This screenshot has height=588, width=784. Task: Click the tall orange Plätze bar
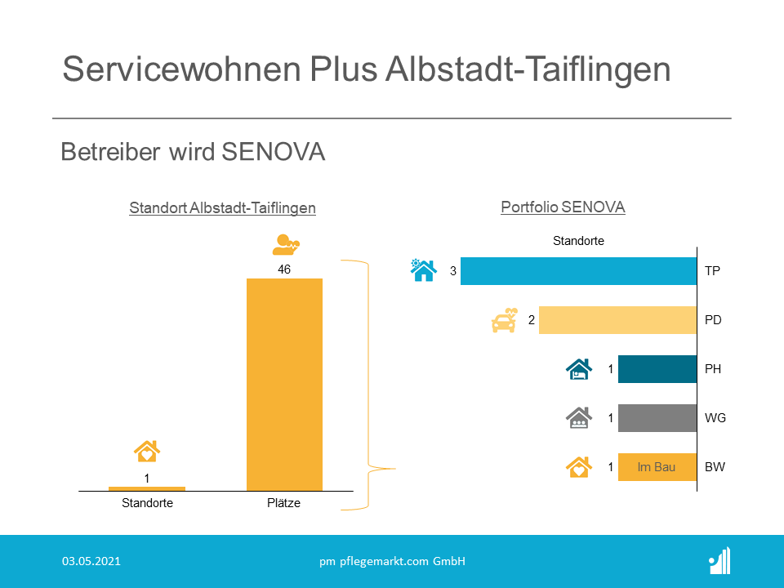tap(284, 385)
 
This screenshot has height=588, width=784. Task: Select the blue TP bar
tap(578, 271)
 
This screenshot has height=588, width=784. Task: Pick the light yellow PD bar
tap(617, 320)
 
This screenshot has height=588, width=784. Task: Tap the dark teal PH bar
tap(657, 369)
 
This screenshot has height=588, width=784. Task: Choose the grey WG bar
tap(657, 418)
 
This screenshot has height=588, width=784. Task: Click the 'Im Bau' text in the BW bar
tap(656, 467)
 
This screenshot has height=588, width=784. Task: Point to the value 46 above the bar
tap(284, 269)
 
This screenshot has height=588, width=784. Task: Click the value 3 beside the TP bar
tap(453, 271)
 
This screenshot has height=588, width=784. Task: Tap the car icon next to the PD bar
tap(504, 320)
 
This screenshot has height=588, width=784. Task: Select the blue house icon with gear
tap(424, 270)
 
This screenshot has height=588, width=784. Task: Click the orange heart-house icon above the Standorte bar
tap(146, 451)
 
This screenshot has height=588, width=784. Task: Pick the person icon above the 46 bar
tap(286, 244)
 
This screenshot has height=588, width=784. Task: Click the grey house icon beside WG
tap(579, 418)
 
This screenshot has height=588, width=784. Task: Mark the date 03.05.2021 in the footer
tap(91, 561)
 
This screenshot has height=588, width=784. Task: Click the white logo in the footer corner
tap(719, 561)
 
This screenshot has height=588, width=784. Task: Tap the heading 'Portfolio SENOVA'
tap(563, 207)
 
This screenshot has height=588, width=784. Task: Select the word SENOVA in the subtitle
tap(274, 152)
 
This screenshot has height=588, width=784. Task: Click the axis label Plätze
tap(283, 503)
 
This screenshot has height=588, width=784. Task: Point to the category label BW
tap(715, 467)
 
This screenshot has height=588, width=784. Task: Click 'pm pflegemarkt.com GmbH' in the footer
tap(393, 562)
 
